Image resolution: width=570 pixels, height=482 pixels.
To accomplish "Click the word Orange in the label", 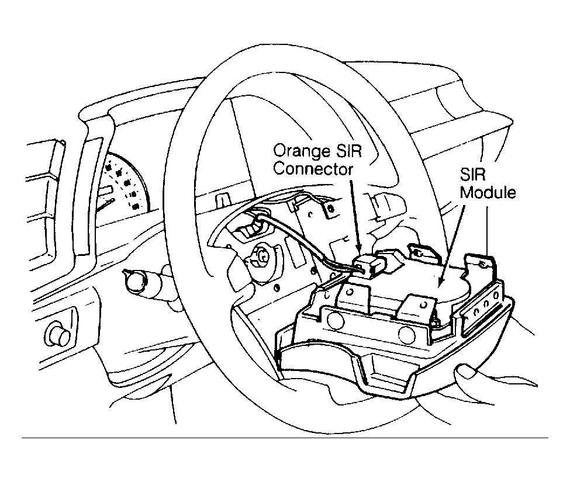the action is coord(296,151).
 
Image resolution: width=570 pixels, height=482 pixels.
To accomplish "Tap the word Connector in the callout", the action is coord(313,169).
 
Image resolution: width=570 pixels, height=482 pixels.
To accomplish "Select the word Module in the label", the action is coord(488,192).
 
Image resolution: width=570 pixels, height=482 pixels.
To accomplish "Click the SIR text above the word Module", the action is coord(472,174).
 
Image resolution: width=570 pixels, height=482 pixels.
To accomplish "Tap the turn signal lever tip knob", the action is coord(134,280).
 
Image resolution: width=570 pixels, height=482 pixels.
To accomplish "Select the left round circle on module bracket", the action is coord(335,319).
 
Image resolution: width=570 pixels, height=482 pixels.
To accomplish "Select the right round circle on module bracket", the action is coord(407,334).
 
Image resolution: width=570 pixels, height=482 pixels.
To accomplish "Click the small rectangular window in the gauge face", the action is coord(106,190).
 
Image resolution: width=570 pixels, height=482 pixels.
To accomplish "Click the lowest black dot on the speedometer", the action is coord(136,207).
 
